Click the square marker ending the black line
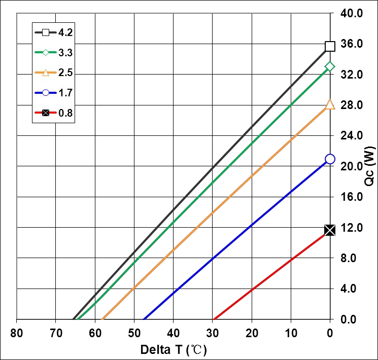tap(330, 46)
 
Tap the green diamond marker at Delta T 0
tap(330, 66)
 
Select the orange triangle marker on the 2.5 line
tap(330, 104)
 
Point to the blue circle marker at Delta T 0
tap(330, 159)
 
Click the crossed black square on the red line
tap(330, 230)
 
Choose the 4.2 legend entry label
tap(66, 32)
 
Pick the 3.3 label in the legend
tap(66, 53)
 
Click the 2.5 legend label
tap(66, 73)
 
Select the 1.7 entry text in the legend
tap(66, 93)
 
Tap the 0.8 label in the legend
tap(66, 113)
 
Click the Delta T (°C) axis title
tap(174, 349)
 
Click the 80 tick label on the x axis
tap(17, 334)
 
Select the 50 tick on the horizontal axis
tap(134, 334)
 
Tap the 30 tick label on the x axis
tap(212, 334)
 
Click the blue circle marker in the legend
tap(46, 93)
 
